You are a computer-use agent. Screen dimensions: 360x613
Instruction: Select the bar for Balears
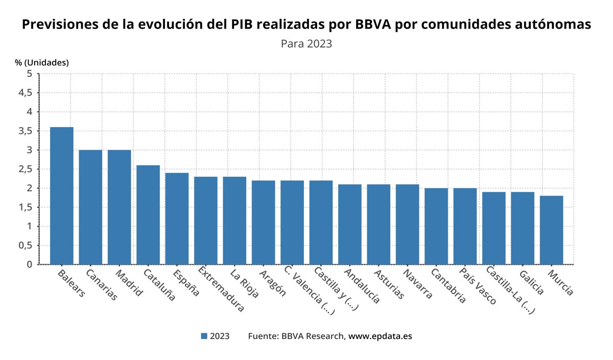coord(61,196)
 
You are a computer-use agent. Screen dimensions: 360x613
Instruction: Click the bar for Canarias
coord(90,207)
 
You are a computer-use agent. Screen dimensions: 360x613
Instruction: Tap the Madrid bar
coord(119,207)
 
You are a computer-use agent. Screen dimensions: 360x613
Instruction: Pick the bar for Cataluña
coord(148,214)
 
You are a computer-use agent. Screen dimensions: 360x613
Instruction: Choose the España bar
coord(177,219)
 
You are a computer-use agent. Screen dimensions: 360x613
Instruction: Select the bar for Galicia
coord(523,228)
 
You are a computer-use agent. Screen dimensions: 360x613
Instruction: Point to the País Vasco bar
coord(465,226)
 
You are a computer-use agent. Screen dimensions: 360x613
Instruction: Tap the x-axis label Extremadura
coord(221,289)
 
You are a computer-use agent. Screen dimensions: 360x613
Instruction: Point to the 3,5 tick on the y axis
coord(26,131)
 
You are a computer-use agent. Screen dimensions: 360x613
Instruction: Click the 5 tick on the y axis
coord(30,74)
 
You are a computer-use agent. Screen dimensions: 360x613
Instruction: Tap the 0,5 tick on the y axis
coord(26,245)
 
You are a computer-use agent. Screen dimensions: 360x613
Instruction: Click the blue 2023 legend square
coord(204,336)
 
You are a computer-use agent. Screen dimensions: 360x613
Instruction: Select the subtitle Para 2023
coord(306,43)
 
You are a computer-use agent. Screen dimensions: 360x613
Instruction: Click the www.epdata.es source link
coord(380,336)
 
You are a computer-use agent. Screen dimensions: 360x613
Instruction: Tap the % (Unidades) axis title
coord(41,62)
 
